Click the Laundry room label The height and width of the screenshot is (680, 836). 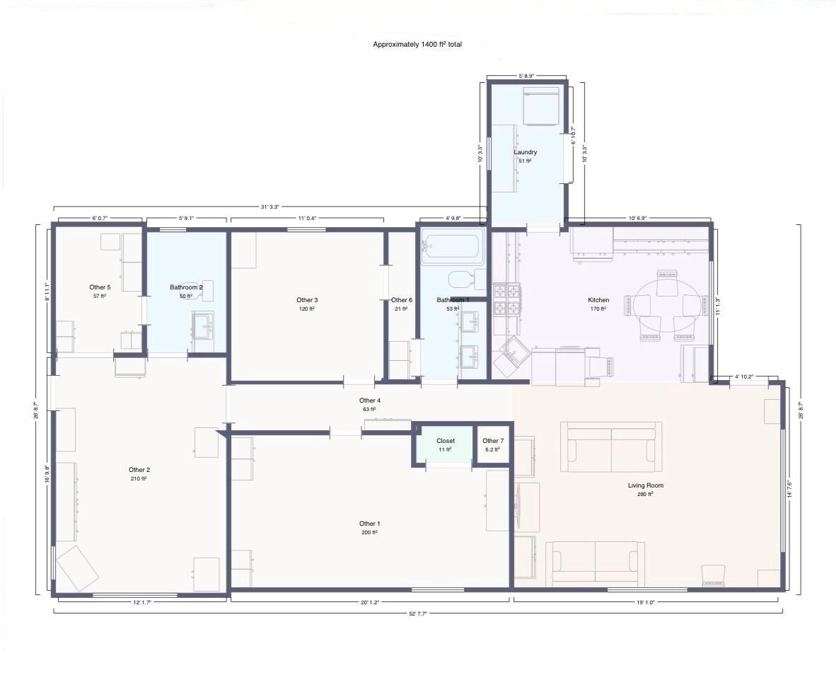tap(526, 152)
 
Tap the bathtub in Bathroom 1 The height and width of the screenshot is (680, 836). tap(453, 246)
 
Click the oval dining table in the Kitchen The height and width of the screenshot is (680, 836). tap(666, 306)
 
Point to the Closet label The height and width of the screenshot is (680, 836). tap(446, 441)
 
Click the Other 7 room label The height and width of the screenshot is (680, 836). tap(493, 441)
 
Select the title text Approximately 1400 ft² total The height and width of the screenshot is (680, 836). tap(417, 45)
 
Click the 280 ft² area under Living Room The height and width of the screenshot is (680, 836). tap(646, 495)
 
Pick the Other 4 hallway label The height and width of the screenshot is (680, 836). tap(370, 400)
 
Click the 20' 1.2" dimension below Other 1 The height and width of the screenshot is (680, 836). tap(370, 602)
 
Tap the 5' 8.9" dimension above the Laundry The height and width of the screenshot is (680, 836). tap(526, 76)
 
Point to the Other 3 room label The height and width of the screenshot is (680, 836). tap(307, 300)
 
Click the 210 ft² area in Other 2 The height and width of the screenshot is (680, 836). tap(139, 479)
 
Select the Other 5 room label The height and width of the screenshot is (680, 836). tap(100, 287)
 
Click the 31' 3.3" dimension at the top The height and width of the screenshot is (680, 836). tap(269, 207)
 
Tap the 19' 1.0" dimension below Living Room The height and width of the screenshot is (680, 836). tap(645, 602)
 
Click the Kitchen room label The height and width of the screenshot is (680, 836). tap(598, 300)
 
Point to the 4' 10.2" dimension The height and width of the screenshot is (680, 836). tap(744, 376)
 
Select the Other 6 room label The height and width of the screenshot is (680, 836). tap(402, 300)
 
